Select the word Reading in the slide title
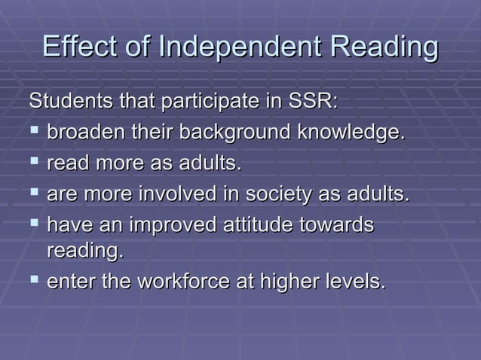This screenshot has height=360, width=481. click(385, 47)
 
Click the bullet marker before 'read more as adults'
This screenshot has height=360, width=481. click(34, 163)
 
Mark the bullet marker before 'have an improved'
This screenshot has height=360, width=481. click(34, 225)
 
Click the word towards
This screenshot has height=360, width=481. click(343, 226)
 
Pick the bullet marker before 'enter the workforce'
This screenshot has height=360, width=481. click(34, 282)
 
